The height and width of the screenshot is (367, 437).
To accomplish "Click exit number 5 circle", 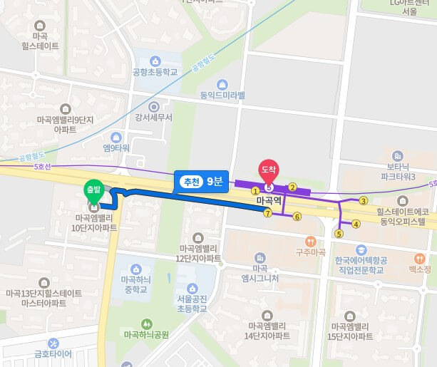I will (339, 233).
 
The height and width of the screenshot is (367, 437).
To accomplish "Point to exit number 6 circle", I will (297, 217).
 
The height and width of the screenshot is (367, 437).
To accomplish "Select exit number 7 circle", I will (267, 213).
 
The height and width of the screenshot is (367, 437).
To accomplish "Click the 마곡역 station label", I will (269, 202).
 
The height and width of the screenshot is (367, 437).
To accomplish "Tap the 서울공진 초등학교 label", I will (190, 304).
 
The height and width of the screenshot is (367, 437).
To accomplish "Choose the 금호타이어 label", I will (53, 353).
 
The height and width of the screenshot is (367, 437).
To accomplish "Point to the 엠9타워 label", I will (116, 148).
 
